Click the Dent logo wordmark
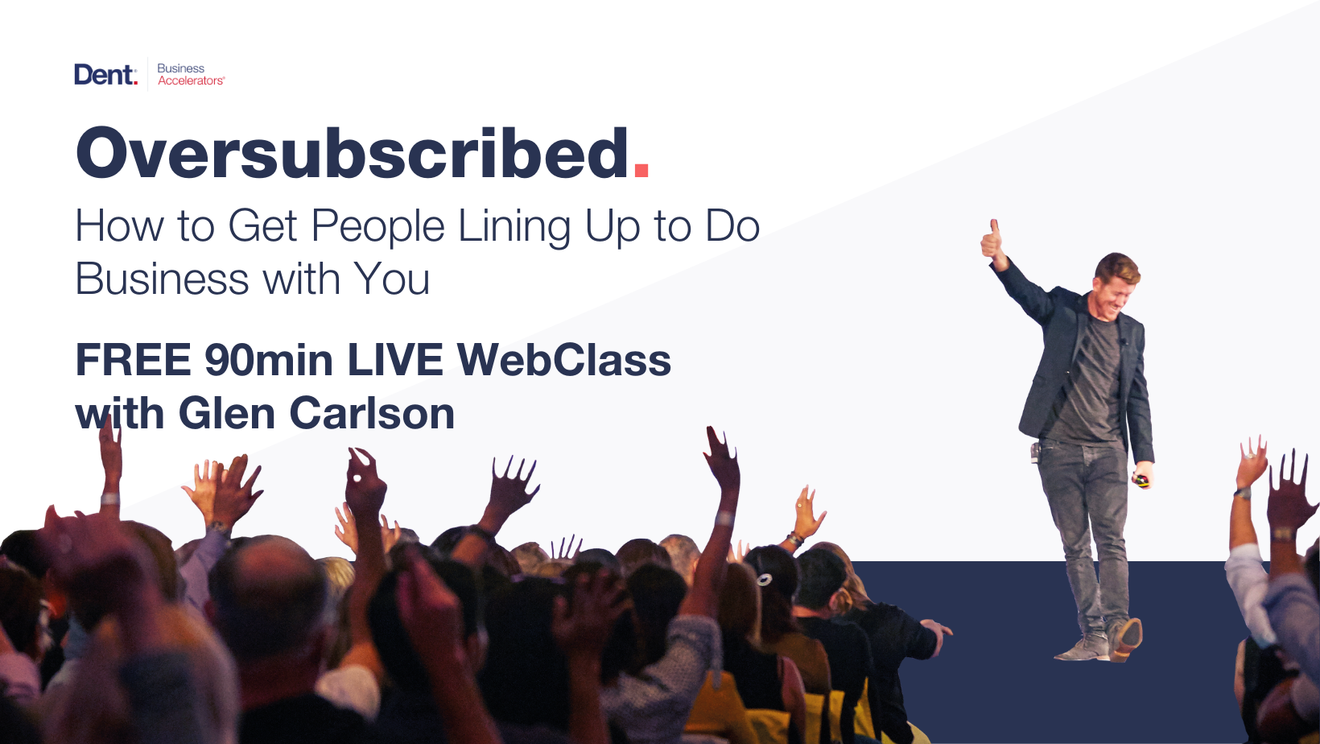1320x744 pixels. point(106,75)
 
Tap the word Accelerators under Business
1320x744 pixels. point(191,81)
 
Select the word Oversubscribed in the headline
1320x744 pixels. point(352,153)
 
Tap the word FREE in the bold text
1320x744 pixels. point(134,360)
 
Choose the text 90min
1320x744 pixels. point(269,360)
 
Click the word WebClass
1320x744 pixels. point(564,360)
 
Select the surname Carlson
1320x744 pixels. point(372,413)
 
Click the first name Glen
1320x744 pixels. point(226,413)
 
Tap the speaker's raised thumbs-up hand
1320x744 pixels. point(993,241)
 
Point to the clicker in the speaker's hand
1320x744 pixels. point(1141,481)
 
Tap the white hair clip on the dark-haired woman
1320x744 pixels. point(765,580)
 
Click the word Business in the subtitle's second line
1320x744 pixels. point(162,279)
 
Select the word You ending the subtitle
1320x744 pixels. point(392,279)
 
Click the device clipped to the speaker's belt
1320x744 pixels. point(1035,453)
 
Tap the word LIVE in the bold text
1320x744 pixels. point(395,360)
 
